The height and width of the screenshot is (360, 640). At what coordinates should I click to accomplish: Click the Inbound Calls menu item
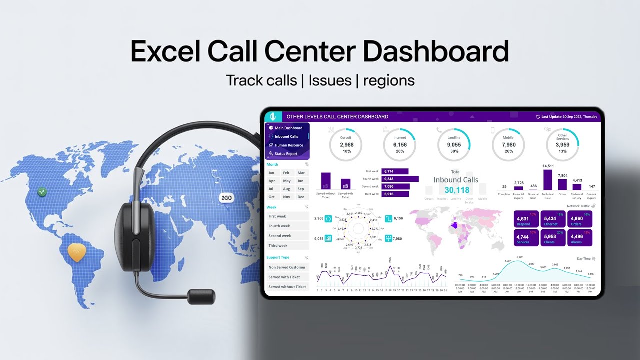286,136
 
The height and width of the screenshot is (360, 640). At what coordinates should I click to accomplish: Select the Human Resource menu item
289,145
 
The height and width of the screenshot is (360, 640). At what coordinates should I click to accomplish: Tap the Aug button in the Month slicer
286,189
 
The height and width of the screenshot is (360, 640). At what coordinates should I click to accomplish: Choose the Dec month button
300,197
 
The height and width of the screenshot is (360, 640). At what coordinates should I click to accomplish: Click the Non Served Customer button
287,267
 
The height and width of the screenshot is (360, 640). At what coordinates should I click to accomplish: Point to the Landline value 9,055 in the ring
454,145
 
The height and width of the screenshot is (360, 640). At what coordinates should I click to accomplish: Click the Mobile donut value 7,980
508,145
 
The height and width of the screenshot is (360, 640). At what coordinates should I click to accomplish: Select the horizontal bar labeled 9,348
400,179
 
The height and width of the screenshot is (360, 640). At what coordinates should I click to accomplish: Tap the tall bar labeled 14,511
547,180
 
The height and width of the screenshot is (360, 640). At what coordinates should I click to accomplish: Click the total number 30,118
457,190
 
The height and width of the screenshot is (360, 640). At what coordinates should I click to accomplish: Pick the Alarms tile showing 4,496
579,238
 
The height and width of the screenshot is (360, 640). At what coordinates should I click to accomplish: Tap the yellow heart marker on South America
77,252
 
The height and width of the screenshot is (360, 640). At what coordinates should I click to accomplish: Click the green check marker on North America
42,192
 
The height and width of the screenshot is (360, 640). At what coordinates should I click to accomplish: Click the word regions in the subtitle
389,80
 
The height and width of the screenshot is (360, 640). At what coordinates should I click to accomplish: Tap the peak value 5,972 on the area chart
519,257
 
